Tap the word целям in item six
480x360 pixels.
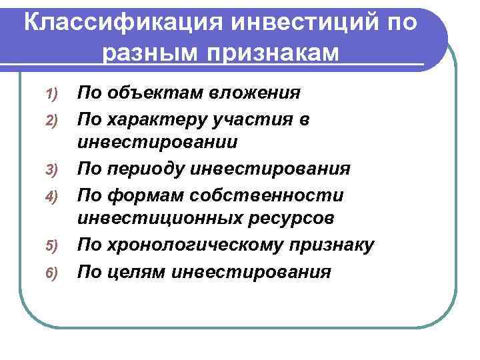[141, 272]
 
